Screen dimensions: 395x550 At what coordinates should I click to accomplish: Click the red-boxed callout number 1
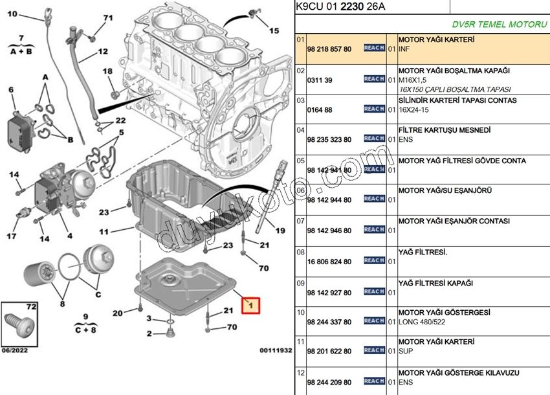[x=250, y=304]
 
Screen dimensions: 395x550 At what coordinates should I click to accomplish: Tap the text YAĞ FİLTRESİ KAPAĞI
[x=435, y=284]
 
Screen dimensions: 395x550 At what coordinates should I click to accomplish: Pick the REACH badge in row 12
[x=374, y=381]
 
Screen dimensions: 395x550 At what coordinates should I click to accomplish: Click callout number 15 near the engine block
[x=274, y=30]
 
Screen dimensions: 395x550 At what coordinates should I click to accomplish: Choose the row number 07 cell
[x=300, y=221]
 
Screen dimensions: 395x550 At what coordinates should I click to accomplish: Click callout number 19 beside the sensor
[x=280, y=230]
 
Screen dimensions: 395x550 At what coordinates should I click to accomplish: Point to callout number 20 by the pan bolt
[x=117, y=313]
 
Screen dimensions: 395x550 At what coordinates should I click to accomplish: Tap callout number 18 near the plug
[x=107, y=71]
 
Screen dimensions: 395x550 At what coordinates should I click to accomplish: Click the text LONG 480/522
[x=423, y=322]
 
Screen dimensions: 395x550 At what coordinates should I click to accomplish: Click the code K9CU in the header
[x=307, y=6]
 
